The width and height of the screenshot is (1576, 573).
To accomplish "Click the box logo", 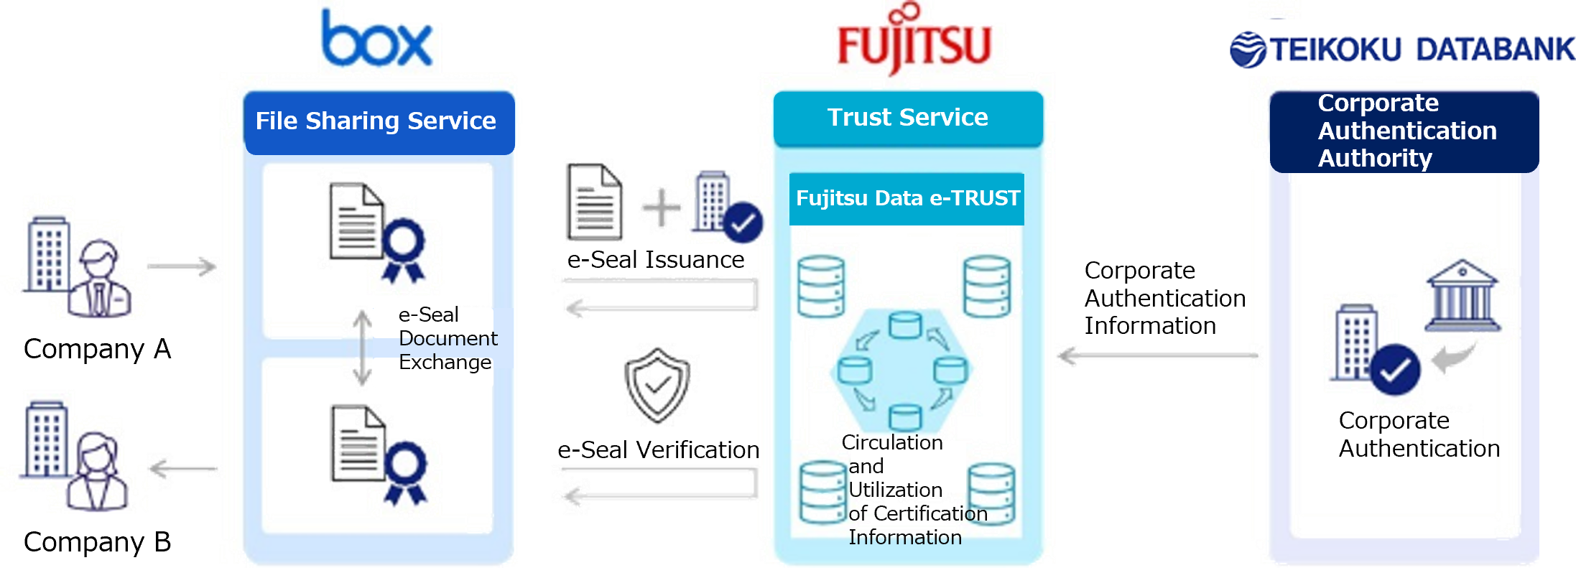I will pos(378,39).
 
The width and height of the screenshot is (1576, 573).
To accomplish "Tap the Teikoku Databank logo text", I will pos(1421,50).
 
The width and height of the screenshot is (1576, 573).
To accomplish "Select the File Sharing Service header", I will pos(376,121).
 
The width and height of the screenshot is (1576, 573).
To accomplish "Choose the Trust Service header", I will pos(907,118).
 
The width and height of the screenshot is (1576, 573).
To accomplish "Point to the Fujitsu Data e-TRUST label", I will pos(907,198).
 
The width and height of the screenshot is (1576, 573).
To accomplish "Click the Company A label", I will pos(98,349).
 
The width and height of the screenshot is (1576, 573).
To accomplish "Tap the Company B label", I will pos(98,542).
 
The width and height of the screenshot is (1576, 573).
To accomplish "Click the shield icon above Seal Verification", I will pos(657,386).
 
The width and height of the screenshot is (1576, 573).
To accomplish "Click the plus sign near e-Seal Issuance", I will pos(660,208).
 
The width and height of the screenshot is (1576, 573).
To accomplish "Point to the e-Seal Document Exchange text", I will pos(447,338).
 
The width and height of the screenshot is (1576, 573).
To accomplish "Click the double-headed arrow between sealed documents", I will pos(363,348).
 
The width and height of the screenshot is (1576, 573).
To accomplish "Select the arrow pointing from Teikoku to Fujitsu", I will pos(1158,355).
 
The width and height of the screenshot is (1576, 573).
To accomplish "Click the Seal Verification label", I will pos(668,449).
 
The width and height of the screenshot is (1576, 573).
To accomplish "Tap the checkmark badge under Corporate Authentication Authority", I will pos(1394,370).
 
